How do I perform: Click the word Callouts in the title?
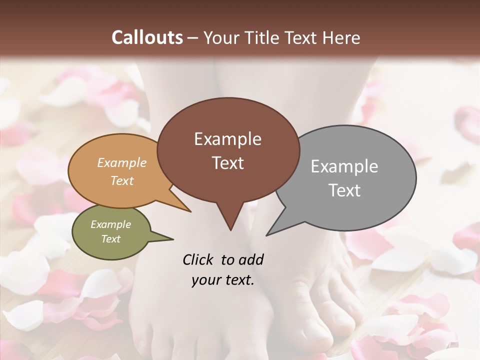click(147, 37)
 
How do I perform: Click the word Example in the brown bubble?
click(227, 139)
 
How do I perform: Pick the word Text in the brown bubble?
click(227, 163)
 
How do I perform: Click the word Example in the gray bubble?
click(344, 166)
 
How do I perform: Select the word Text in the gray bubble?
click(344, 190)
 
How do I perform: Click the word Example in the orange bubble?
click(122, 163)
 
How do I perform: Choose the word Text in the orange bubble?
click(122, 181)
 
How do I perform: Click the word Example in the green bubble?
click(111, 224)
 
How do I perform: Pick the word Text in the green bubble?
click(111, 239)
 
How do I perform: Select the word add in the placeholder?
click(251, 259)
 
